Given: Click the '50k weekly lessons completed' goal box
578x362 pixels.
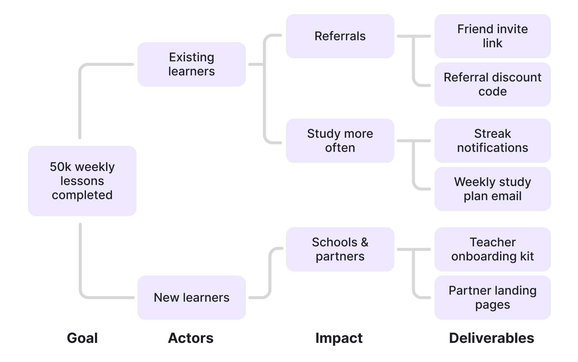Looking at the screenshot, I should (82, 181).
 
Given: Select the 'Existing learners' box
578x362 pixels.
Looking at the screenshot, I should (191, 64).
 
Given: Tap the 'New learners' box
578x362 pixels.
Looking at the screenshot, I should (191, 298).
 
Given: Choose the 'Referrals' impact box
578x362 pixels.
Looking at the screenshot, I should (340, 36).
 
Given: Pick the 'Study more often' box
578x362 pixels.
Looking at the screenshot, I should (340, 141).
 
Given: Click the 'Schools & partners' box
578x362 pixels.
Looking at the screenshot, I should (340, 249).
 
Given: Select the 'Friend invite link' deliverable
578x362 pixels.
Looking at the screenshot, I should (492, 36).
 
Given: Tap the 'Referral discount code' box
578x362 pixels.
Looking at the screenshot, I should (492, 84).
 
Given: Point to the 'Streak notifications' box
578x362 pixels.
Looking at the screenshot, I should (492, 141).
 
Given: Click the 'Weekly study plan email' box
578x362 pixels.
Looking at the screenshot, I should (492, 189).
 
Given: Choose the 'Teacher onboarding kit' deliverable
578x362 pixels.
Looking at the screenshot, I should (492, 249).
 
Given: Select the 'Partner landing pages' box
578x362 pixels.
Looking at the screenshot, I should (492, 298).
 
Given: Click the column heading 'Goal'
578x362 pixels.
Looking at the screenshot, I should (82, 338).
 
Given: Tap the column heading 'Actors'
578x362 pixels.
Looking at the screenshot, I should (191, 338).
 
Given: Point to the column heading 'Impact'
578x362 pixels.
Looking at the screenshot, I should (339, 338).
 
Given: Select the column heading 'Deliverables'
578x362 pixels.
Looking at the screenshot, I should (491, 338).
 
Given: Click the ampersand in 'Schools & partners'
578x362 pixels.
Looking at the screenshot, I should (365, 242).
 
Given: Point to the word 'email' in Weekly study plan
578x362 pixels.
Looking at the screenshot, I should (506, 196).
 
